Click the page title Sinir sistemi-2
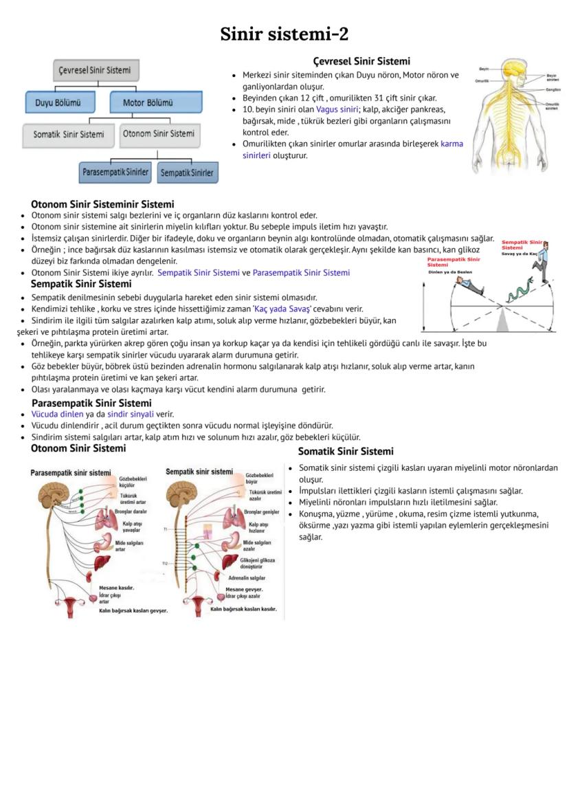tap(284, 34)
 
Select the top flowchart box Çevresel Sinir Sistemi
tap(96, 70)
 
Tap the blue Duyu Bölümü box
tap(58, 103)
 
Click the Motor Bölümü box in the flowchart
tap(157, 103)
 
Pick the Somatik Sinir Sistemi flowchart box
tap(69, 134)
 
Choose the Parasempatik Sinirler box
tap(115, 172)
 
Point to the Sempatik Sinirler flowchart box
tap(187, 173)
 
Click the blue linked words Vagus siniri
tap(337, 109)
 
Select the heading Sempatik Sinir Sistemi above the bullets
tap(81, 284)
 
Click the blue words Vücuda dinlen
tap(58, 414)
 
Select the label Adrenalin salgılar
tap(247, 578)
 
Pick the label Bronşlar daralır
tap(131, 511)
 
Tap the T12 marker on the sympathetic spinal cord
tap(165, 563)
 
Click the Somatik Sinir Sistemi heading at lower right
tap(346, 452)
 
